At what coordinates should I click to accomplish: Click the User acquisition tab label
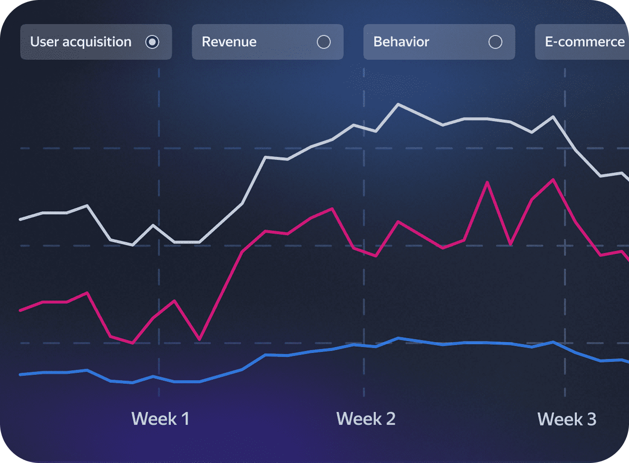81,42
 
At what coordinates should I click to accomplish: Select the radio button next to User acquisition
152,42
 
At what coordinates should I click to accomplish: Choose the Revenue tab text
229,42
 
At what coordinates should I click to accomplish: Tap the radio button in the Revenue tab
323,42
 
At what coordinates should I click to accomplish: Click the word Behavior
401,42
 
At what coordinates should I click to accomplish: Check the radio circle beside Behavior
495,42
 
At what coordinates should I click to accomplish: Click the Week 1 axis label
160,419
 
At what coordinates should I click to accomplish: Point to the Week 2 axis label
365,419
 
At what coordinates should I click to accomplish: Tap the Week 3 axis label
567,419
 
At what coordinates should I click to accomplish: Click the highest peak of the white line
399,104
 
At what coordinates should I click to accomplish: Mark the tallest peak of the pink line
553,179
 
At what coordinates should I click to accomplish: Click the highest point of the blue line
399,338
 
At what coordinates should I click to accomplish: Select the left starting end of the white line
20,219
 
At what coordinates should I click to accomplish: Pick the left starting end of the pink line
20,310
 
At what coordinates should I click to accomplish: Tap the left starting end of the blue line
20,374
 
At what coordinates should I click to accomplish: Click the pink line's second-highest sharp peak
488,182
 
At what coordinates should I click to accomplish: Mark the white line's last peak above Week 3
553,117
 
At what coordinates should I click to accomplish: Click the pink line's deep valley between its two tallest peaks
510,244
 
